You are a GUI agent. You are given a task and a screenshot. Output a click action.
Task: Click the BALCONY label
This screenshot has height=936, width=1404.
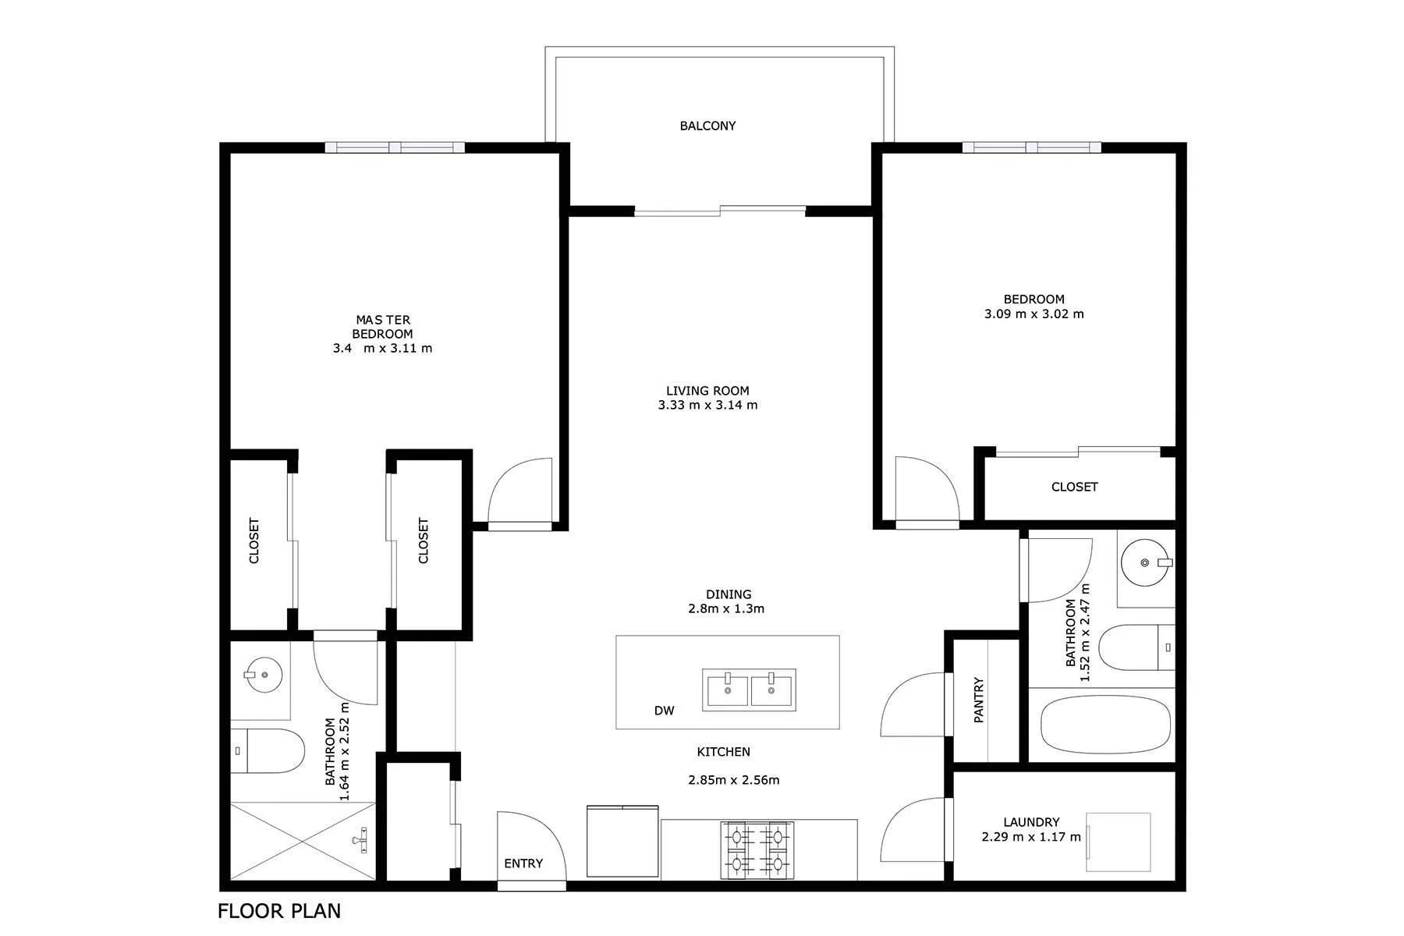707,126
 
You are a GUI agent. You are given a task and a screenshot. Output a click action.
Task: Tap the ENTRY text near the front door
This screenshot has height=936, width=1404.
523,863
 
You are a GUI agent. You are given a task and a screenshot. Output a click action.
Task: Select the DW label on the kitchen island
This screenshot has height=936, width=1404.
664,711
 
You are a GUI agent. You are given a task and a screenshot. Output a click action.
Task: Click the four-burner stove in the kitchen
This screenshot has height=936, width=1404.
756,849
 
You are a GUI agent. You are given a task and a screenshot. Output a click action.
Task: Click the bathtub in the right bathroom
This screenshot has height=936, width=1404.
1105,725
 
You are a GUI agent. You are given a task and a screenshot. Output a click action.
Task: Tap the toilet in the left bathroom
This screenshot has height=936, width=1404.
270,751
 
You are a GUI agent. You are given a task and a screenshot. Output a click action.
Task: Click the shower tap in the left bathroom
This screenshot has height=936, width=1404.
360,840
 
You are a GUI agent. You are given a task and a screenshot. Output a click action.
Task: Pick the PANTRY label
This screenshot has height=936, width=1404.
979,700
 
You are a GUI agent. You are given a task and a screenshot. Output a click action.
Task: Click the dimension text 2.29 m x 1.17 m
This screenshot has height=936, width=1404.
1031,837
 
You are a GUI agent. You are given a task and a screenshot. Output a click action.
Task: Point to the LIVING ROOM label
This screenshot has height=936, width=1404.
707,391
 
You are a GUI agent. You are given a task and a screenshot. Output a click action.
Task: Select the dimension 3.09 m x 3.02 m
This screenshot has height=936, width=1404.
1033,314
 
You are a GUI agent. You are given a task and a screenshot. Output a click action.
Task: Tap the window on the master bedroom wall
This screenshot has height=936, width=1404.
395,147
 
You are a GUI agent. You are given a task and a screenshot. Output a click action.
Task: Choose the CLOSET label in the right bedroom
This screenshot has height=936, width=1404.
1074,487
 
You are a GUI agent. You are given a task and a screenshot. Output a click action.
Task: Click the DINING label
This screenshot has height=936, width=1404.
729,594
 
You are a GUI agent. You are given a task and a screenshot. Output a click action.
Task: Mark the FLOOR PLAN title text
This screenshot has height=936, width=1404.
279,910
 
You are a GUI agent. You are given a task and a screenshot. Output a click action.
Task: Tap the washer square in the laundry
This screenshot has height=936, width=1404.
1119,842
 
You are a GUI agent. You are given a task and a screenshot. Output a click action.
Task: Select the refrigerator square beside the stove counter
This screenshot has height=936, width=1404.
622,842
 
